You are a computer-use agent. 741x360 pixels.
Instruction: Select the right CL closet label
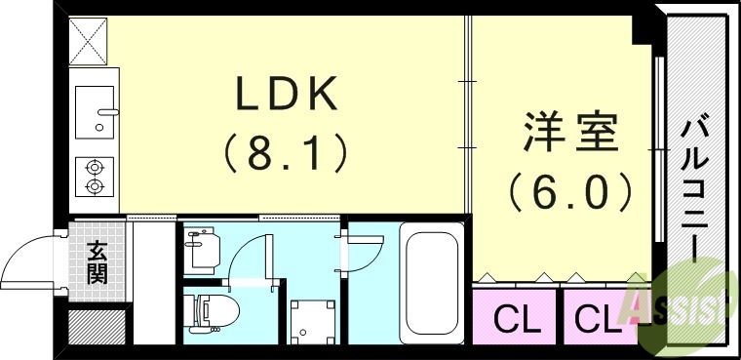tap(593, 317)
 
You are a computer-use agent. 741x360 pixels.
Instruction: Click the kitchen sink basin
tap(95, 109)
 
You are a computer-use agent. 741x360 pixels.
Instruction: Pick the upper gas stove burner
tap(95, 166)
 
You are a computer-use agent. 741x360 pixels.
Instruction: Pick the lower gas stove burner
tap(95, 184)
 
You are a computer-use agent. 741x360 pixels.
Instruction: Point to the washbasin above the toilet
tap(201, 248)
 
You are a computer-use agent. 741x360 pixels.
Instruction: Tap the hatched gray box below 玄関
tap(97, 323)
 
